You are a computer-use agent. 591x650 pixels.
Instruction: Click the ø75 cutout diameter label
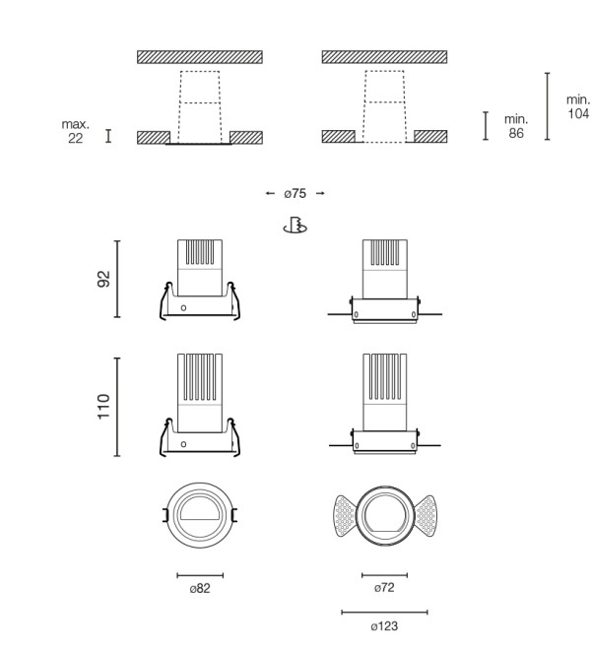(295, 194)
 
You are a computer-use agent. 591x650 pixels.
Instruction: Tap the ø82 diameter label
(200, 588)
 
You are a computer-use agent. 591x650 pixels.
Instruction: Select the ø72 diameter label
(384, 587)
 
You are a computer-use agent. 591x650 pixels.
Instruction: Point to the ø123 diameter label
(384, 626)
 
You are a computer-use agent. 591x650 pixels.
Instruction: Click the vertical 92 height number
(104, 279)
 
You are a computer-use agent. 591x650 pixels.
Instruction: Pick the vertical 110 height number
(103, 407)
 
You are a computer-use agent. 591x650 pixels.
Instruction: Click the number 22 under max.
(75, 138)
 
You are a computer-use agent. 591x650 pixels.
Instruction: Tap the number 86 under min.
(516, 133)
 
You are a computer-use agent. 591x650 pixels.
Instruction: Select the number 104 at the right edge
(578, 113)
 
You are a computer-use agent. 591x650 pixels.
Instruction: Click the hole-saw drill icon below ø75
(295, 226)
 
